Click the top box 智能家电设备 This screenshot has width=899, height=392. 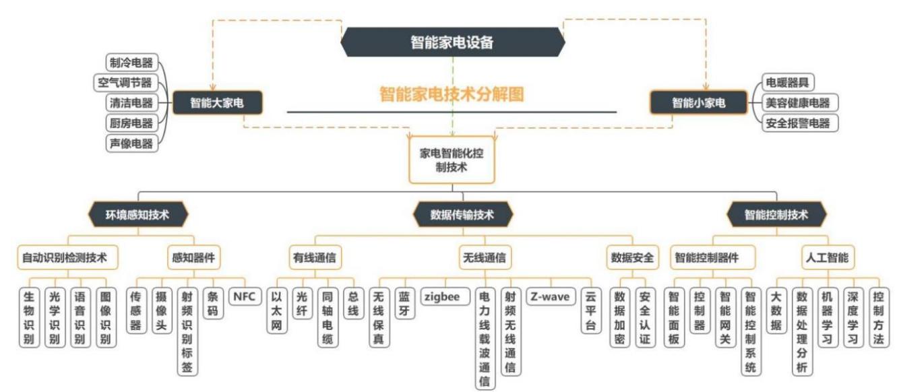point(452,42)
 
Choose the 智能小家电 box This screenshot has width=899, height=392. point(699,103)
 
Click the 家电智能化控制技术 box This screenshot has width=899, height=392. point(452,160)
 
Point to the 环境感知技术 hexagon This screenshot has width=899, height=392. point(137,215)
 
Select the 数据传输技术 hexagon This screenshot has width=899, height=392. point(462,215)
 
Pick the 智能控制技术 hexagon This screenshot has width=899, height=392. point(776,216)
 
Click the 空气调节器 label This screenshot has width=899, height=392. point(123,83)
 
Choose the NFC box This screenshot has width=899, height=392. point(244,296)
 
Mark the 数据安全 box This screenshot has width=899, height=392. point(631,257)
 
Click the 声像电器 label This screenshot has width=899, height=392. point(130,143)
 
